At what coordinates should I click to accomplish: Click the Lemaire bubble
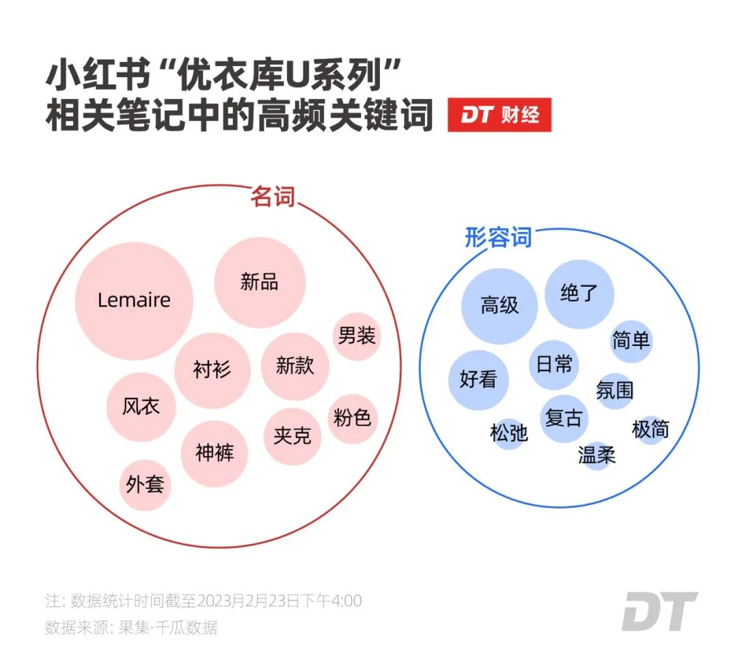coord(134,300)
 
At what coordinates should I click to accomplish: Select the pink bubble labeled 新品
coord(260,282)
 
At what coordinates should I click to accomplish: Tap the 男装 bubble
coord(356,336)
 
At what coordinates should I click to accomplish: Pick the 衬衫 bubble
coord(212,370)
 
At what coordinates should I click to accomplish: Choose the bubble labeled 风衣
coord(141,407)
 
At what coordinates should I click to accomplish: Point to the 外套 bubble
coord(145,485)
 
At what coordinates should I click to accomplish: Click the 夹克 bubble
coord(292,436)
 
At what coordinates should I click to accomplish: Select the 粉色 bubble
coord(353,418)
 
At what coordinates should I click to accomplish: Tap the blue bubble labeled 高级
coord(500,306)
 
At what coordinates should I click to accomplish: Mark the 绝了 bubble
coord(579,294)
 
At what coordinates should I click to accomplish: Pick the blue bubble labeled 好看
coord(478,379)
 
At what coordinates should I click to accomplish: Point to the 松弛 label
coord(509,433)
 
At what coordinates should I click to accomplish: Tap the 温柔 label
coord(597,455)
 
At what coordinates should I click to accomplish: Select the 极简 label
coord(651,430)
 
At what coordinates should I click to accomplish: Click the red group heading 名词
coord(273,197)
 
